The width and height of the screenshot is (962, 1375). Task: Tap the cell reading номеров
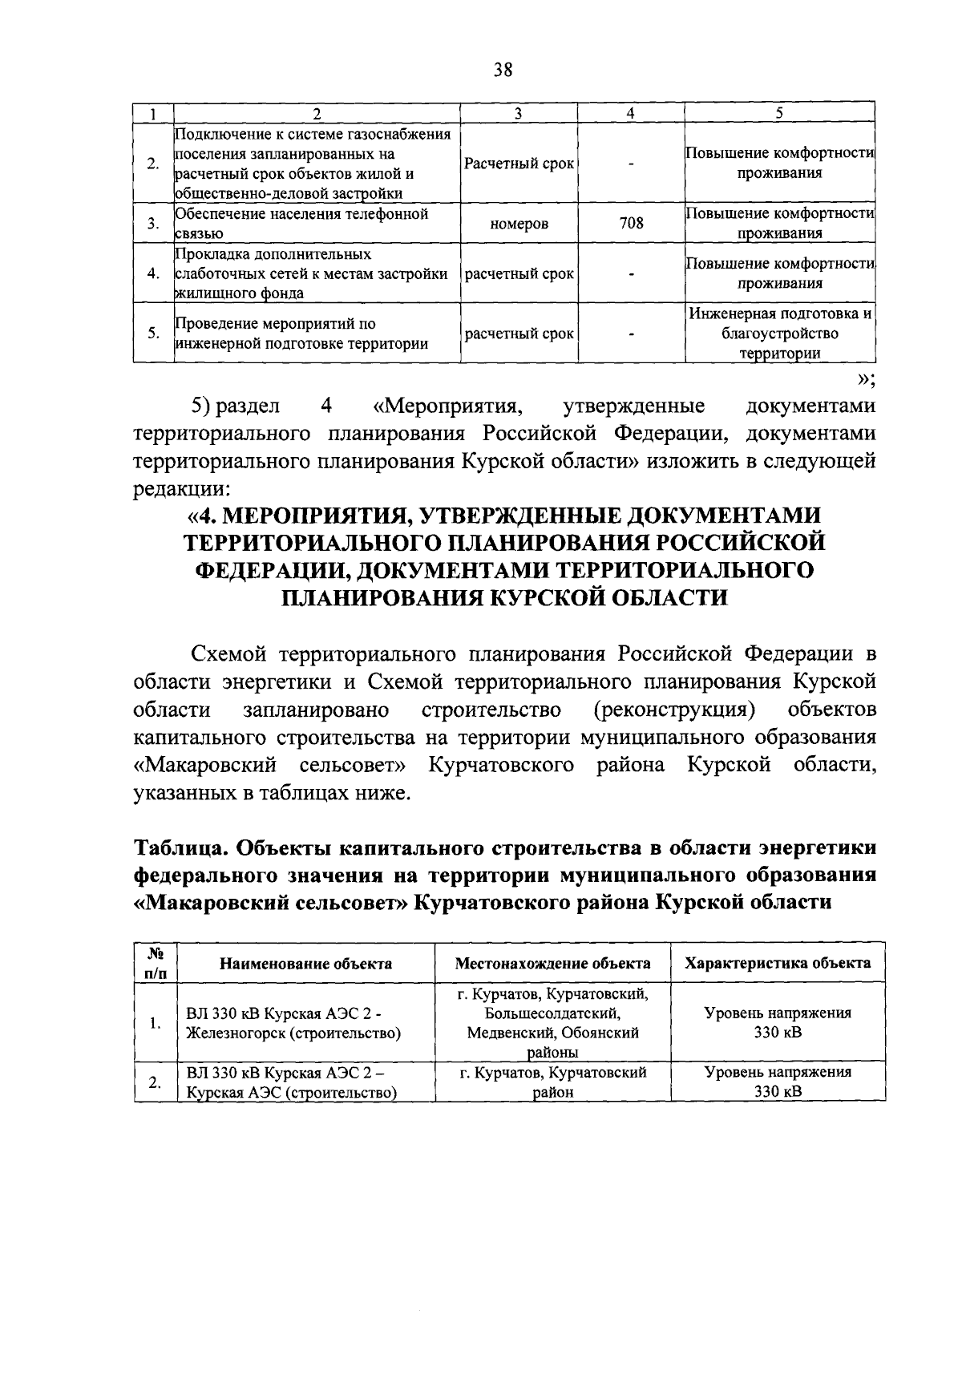(519, 224)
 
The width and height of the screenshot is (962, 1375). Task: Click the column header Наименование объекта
(305, 963)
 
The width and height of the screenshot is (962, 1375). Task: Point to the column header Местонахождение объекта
(552, 963)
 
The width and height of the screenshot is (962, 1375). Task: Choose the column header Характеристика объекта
(777, 963)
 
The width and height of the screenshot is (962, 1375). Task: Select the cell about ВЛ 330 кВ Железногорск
(293, 1023)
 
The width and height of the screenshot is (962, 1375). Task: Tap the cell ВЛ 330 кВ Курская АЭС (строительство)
(293, 1082)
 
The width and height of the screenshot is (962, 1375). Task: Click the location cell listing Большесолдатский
(552, 1023)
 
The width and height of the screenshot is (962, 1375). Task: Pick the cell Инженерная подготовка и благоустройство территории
(779, 334)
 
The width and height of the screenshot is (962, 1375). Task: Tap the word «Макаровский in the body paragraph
(204, 765)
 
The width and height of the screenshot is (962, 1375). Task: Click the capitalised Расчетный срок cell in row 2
(519, 164)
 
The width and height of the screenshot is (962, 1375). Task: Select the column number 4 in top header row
(631, 113)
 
